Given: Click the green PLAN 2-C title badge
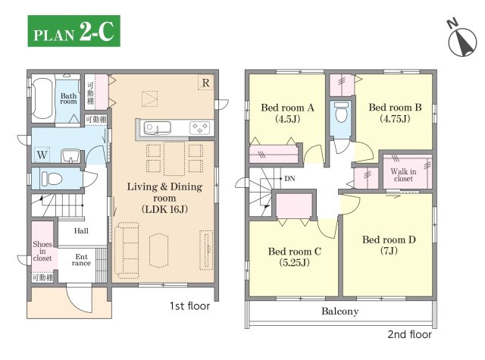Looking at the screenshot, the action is click(x=74, y=31).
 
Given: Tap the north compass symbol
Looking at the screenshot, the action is click(x=462, y=40).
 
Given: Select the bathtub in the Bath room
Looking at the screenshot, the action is click(x=42, y=99).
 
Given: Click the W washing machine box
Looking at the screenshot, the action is click(x=42, y=155).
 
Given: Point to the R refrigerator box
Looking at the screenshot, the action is click(x=205, y=83).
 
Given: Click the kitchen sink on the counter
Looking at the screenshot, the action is click(x=158, y=128).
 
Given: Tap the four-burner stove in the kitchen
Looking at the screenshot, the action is click(x=199, y=127).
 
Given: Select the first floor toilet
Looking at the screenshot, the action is click(x=52, y=179).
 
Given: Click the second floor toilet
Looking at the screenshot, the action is click(x=342, y=112).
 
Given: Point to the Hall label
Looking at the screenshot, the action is click(x=81, y=230).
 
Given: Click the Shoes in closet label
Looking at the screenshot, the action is click(x=42, y=251).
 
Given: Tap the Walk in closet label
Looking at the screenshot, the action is click(x=403, y=175).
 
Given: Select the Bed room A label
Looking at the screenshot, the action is click(x=287, y=108).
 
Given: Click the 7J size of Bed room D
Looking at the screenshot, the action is click(x=389, y=251).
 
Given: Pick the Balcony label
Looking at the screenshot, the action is click(x=340, y=311).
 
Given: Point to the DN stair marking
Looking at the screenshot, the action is click(x=289, y=178).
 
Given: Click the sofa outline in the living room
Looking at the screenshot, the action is click(x=127, y=250).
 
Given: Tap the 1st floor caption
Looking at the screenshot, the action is click(x=189, y=306).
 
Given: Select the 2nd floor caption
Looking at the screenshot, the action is click(x=409, y=334).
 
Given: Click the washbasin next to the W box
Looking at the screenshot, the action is click(x=70, y=155).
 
